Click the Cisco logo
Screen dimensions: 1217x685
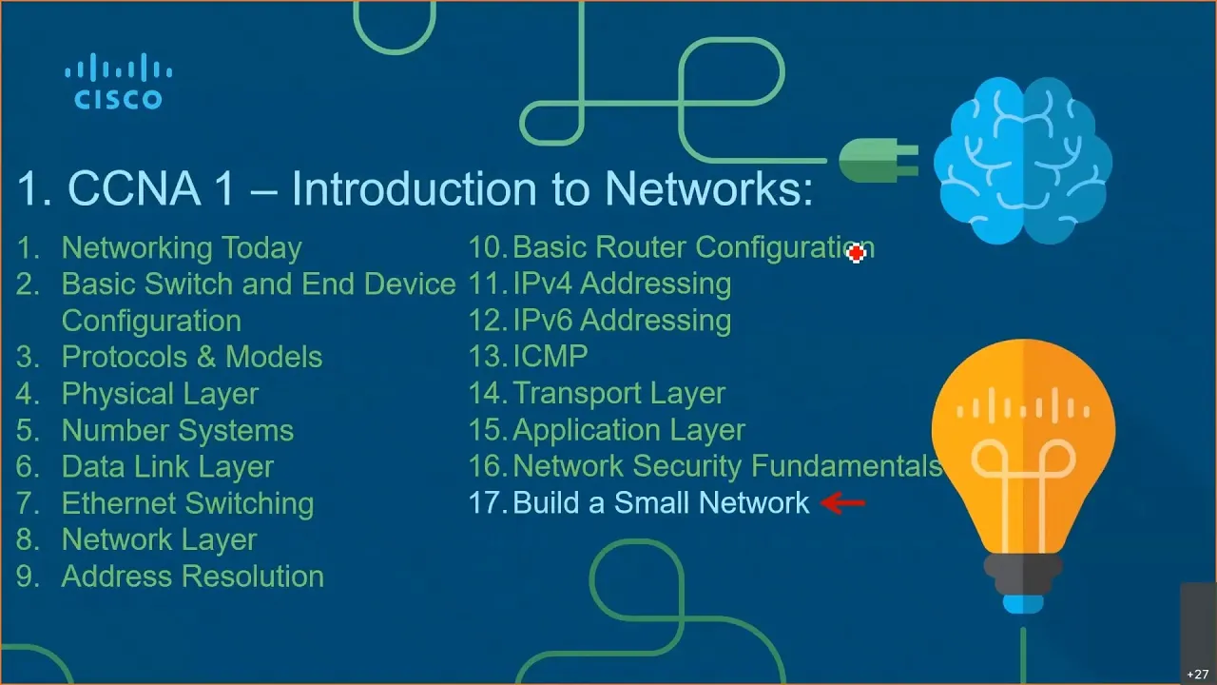119,81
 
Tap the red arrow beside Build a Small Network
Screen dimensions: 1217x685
842,503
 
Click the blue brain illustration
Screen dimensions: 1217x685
1022,161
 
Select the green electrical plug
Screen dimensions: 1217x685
879,160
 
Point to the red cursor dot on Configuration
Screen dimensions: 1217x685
857,253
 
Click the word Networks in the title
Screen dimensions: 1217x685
708,188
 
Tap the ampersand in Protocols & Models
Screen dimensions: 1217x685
206,357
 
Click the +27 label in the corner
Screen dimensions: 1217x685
1197,675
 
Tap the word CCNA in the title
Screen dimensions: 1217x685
134,188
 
